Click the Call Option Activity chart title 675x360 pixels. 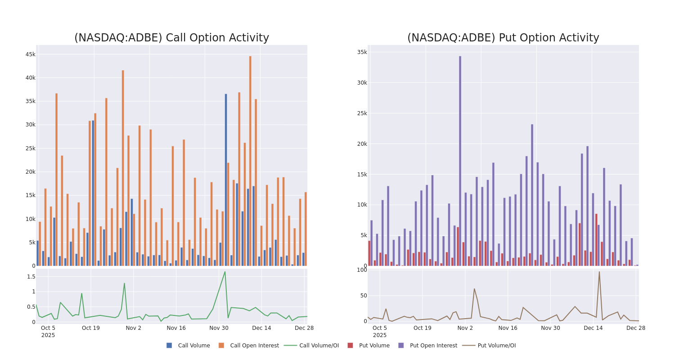tap(171, 38)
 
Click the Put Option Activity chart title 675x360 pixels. tap(503, 38)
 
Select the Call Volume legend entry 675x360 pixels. tap(189, 346)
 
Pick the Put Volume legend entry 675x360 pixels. tap(369, 346)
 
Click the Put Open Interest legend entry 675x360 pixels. tap(427, 346)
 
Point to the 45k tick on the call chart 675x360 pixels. tap(30, 54)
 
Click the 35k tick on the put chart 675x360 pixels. tap(362, 52)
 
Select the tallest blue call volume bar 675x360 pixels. tap(226, 180)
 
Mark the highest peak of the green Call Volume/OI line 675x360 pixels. tap(225, 271)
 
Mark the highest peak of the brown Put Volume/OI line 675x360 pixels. tap(599, 271)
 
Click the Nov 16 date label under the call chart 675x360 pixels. tap(176, 328)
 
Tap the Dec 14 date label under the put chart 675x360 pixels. tap(593, 328)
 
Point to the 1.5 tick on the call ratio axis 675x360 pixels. tap(31, 277)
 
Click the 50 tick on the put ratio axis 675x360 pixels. tap(362, 296)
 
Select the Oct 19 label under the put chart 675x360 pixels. tap(422, 328)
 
